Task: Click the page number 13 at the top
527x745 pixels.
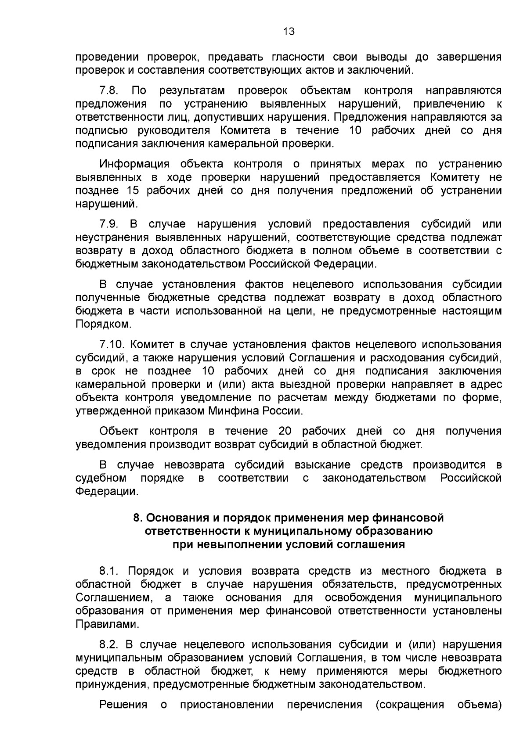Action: [289, 31]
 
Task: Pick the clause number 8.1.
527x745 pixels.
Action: [110, 571]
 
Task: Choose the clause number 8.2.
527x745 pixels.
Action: [110, 644]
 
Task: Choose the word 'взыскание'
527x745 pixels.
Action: [323, 465]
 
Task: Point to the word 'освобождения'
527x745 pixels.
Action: [363, 598]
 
